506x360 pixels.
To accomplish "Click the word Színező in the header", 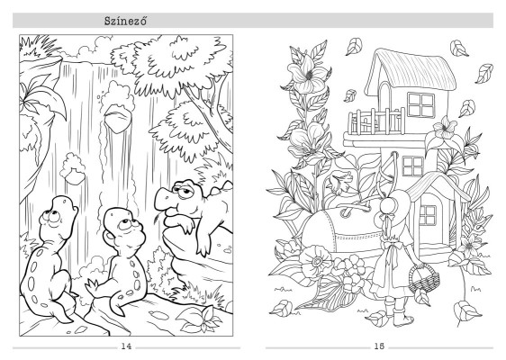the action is tap(125, 21).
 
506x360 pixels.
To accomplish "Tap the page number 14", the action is tap(126, 346).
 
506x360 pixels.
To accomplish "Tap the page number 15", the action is tap(379, 346).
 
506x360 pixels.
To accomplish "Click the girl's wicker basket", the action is tap(424, 277).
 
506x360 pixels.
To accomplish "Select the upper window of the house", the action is tap(420, 104).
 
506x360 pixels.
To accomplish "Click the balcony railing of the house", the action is tap(376, 121).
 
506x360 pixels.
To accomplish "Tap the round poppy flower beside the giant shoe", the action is tap(316, 261).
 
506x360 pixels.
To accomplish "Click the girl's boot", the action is tap(402, 313).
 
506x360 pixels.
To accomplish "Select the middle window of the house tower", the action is tap(413, 166).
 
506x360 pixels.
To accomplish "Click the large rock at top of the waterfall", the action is tap(118, 118).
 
